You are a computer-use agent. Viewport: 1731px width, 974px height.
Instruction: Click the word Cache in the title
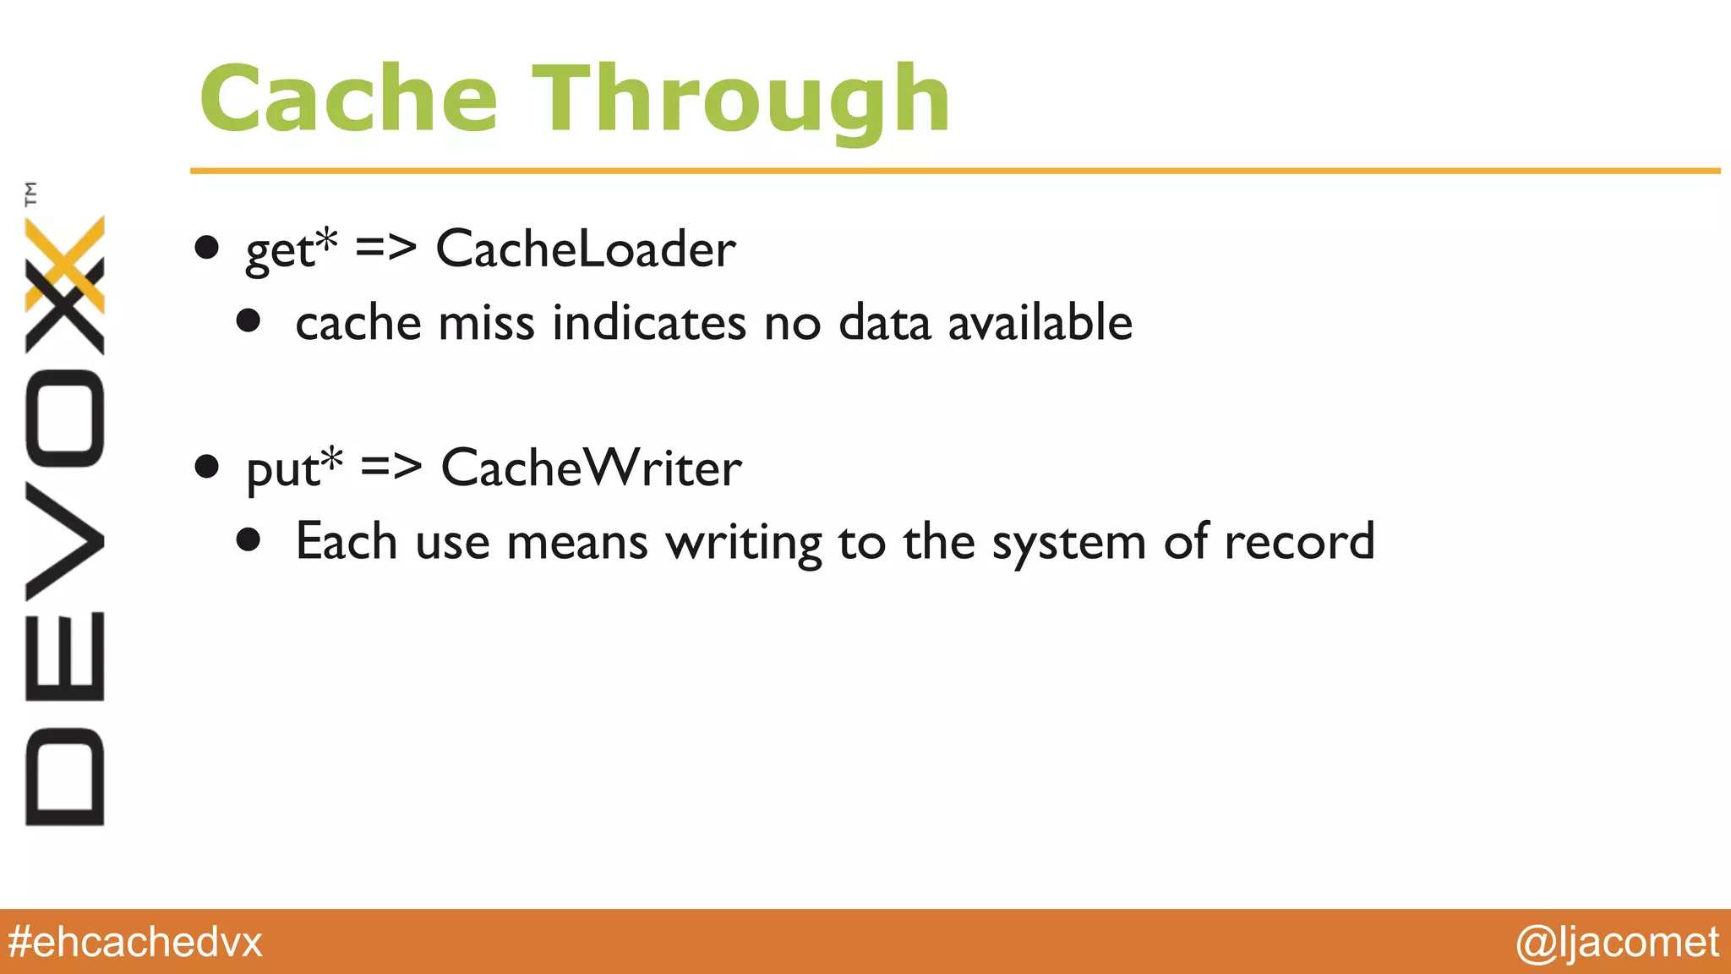[348, 100]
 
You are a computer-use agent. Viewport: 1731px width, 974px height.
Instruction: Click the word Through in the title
[740, 100]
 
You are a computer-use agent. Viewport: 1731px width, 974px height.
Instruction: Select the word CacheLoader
[586, 249]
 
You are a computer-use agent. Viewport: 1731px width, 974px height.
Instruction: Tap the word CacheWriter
[591, 468]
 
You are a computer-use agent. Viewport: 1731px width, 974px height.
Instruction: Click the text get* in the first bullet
[291, 249]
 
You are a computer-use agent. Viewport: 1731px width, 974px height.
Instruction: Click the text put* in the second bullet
[294, 468]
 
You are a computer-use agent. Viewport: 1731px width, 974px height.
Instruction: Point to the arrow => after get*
[386, 248]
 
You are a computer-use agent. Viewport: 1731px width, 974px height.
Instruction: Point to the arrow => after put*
[391, 466]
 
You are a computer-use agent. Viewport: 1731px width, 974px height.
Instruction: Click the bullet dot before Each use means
[248, 539]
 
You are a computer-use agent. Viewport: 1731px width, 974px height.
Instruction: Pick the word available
[1040, 323]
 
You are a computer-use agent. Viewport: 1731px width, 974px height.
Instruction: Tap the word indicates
[649, 323]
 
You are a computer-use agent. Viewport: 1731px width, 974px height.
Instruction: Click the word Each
[346, 541]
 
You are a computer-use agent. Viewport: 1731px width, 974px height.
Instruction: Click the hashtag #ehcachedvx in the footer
[135, 942]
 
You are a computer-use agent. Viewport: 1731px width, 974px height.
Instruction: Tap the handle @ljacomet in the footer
[1617, 942]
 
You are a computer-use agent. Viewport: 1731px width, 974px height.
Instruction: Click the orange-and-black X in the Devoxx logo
[65, 285]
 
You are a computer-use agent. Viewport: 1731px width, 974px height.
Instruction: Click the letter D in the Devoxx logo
[65, 775]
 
